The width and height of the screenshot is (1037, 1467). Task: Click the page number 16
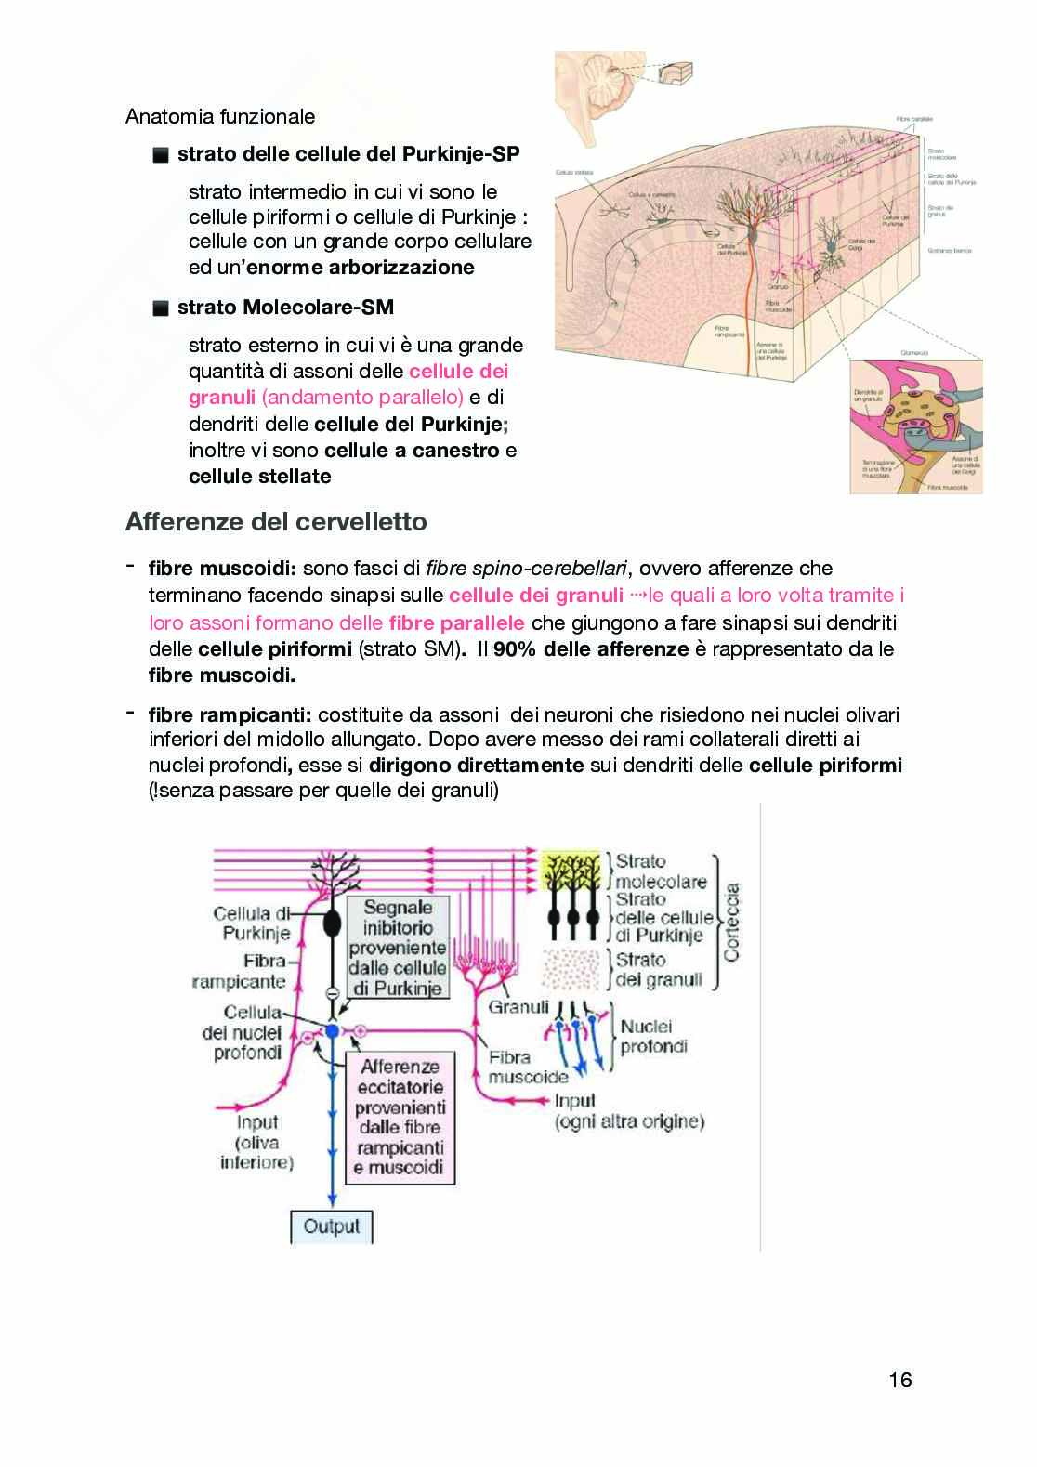[x=899, y=1380]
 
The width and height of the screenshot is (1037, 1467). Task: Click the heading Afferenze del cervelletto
[x=276, y=522]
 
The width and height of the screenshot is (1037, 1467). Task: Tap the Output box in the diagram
[x=331, y=1226]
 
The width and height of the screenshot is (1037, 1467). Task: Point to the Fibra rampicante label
[x=240, y=971]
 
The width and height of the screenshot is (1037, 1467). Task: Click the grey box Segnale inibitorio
[x=398, y=948]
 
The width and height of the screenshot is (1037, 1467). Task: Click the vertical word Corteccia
[x=731, y=922]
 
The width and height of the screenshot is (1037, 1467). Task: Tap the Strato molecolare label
[x=660, y=871]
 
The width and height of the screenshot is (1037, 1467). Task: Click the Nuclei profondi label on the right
[x=653, y=1036]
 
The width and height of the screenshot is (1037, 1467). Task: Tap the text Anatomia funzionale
[x=220, y=117]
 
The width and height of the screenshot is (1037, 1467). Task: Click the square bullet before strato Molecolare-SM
[x=161, y=308]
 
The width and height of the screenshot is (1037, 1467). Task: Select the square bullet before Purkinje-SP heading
[x=161, y=155]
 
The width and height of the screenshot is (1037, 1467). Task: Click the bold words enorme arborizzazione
[x=401, y=268]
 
